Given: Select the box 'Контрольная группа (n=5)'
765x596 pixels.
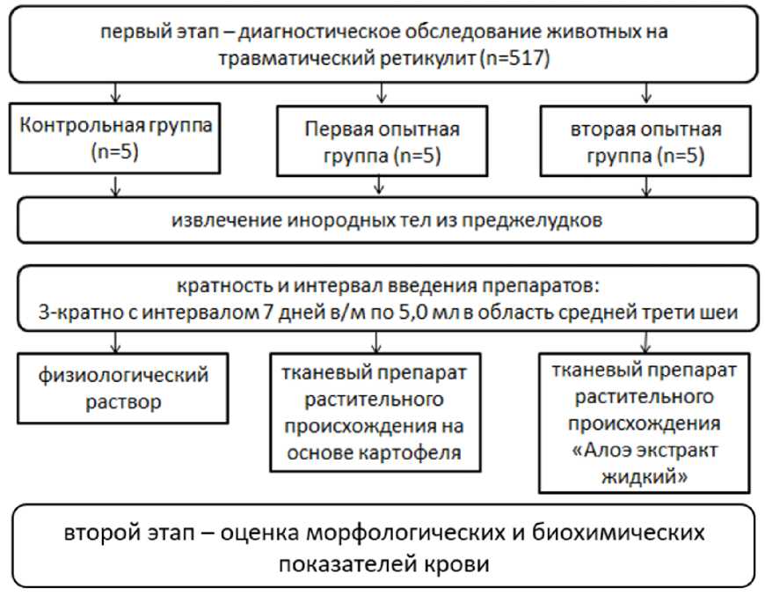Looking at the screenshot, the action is (x=115, y=138).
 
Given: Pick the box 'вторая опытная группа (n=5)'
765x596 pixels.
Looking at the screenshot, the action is (x=646, y=143).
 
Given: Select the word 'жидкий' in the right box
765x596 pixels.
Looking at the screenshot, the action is (x=646, y=475).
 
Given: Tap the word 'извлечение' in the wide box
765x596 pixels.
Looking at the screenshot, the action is (x=224, y=220).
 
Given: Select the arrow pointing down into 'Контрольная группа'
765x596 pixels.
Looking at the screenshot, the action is (x=114, y=93).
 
